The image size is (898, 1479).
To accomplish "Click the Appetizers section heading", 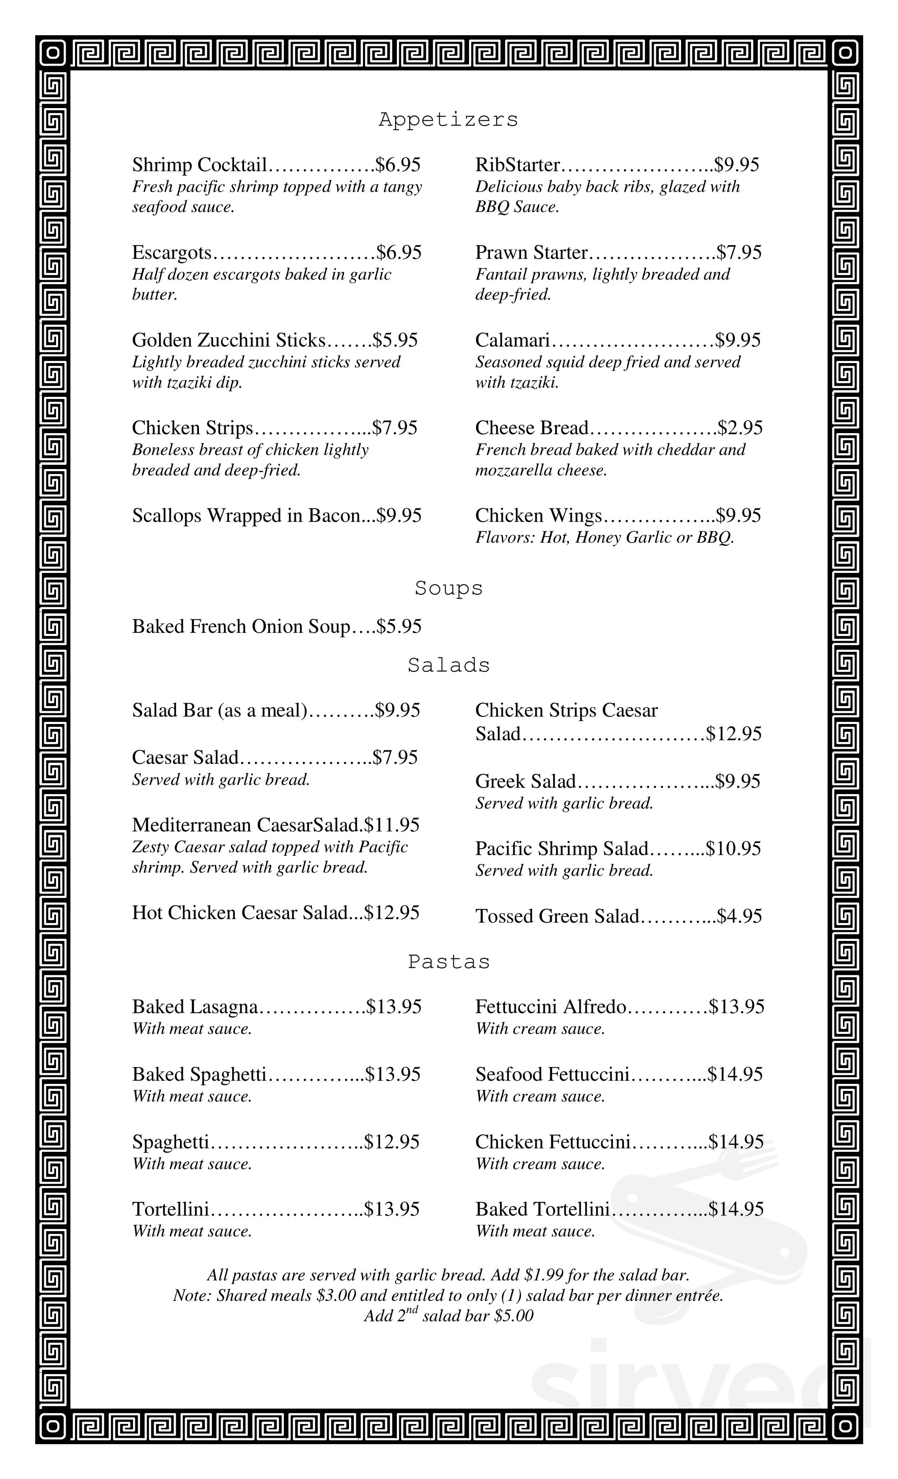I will [448, 120].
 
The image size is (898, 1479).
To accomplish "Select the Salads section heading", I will [448, 665].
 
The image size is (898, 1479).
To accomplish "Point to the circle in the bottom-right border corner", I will [845, 1425].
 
